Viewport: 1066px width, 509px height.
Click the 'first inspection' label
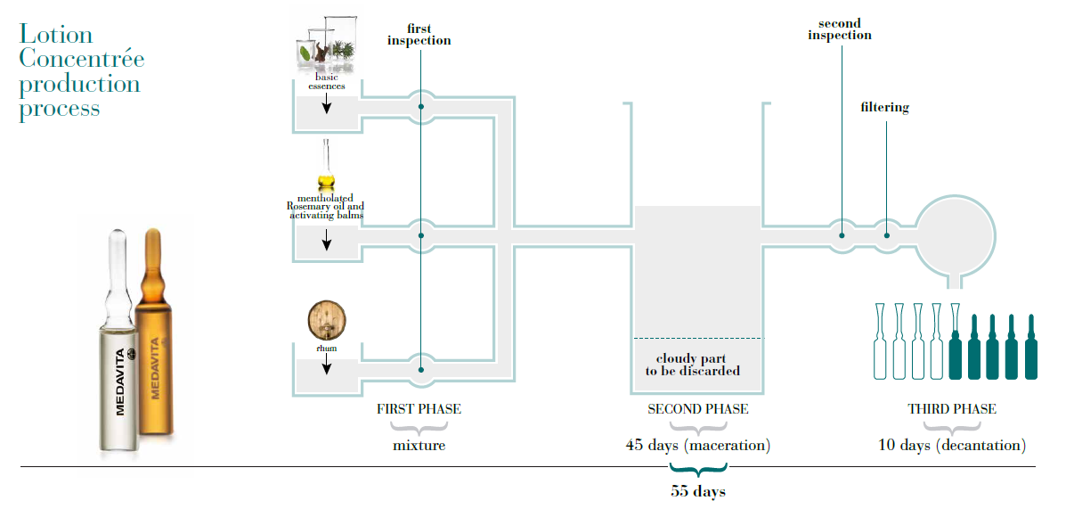point(419,34)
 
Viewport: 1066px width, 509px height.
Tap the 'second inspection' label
point(840,29)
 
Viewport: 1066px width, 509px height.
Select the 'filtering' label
point(884,108)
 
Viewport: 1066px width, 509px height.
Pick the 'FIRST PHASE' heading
point(419,409)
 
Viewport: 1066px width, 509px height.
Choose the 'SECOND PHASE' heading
point(697,409)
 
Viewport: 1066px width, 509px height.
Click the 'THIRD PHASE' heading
point(951,409)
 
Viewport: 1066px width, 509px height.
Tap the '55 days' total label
point(697,491)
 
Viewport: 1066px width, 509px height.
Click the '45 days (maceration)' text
point(697,445)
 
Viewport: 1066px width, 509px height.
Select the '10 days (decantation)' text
point(951,445)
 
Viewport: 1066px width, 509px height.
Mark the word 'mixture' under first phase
point(419,445)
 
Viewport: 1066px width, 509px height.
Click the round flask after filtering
point(956,234)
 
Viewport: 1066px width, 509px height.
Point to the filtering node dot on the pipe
point(887,235)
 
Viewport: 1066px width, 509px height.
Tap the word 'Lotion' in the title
point(56,35)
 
